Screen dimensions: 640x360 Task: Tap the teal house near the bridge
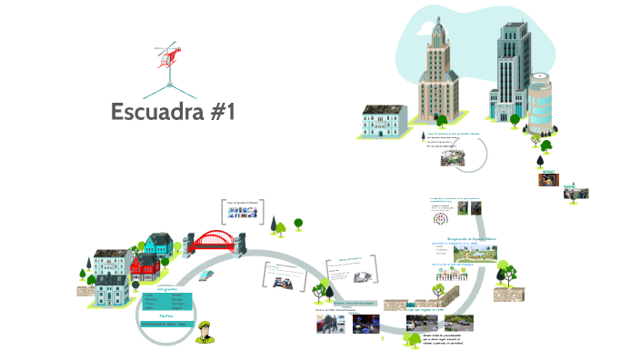pos(158,244)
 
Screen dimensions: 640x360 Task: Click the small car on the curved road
pos(208,274)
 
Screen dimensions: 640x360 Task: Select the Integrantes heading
pos(167,288)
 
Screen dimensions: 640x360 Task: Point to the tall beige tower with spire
pos(438,77)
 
